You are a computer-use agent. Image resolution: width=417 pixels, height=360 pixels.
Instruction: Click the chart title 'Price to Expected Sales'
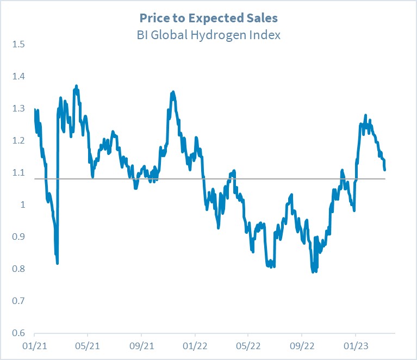tap(208, 18)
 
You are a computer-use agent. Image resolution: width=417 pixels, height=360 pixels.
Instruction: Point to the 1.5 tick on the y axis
tap(18, 44)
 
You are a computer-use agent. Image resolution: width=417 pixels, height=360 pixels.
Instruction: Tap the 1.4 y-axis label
tap(18, 76)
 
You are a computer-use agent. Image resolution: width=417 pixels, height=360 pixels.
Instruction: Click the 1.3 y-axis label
tap(18, 108)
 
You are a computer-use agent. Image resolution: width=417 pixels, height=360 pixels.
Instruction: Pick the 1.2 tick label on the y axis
tap(18, 140)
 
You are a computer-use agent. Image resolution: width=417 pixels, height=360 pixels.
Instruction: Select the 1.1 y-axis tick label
tap(18, 172)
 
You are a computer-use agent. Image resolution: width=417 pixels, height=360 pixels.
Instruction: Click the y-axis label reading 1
tap(22, 204)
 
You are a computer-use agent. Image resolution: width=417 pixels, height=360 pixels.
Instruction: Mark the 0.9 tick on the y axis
tap(18, 237)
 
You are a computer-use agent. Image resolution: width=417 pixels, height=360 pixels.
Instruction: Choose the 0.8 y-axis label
tap(18, 269)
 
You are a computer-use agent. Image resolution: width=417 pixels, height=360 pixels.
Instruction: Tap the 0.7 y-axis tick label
tap(18, 301)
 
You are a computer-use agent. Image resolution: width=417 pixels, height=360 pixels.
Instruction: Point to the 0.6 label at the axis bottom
tap(18, 333)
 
